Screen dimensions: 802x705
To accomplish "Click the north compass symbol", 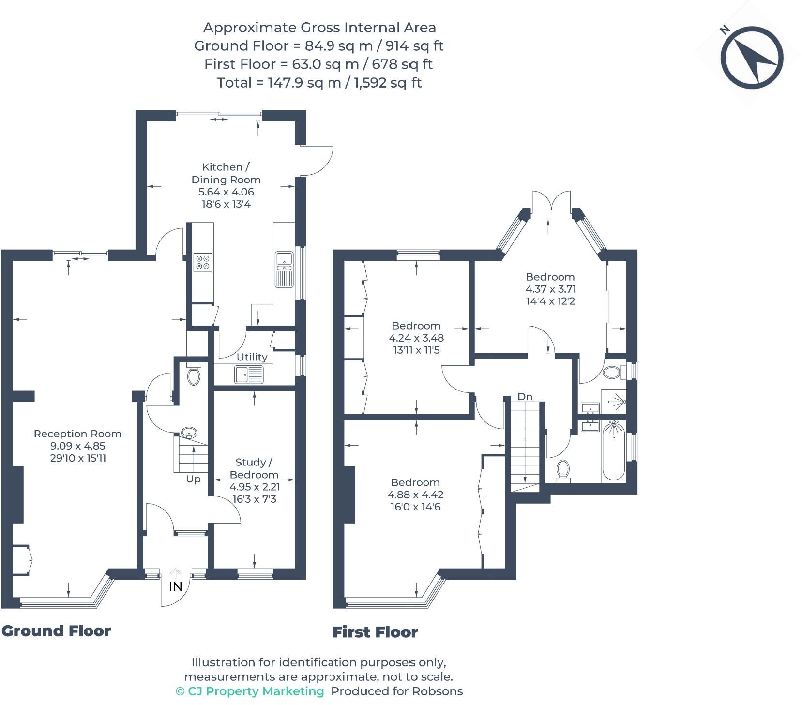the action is click(752, 58).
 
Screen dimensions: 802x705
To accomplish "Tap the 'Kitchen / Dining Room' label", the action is click(226, 173).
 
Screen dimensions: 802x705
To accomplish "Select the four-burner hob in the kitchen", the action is click(203, 261).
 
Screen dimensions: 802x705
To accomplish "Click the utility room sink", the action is click(249, 375).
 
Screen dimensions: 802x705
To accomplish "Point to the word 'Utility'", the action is click(252, 357).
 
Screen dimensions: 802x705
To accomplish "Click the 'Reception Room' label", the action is click(77, 434).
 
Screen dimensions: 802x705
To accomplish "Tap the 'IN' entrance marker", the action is click(175, 586).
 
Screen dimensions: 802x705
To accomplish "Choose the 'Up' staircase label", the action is click(193, 479).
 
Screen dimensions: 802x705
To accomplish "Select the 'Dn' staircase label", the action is click(525, 397).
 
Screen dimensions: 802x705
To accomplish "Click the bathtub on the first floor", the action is click(614, 450).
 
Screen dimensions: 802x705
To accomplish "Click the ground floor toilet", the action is click(194, 375).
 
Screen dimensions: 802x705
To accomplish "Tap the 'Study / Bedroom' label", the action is click(254, 468).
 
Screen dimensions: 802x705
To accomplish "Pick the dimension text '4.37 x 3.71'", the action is click(551, 289).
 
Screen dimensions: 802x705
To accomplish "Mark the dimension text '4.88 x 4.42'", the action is click(415, 495).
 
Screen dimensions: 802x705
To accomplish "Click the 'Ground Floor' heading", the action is click(56, 631).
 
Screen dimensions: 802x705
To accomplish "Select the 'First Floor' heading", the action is click(375, 632).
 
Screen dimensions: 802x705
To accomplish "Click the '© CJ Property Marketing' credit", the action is click(250, 691).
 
